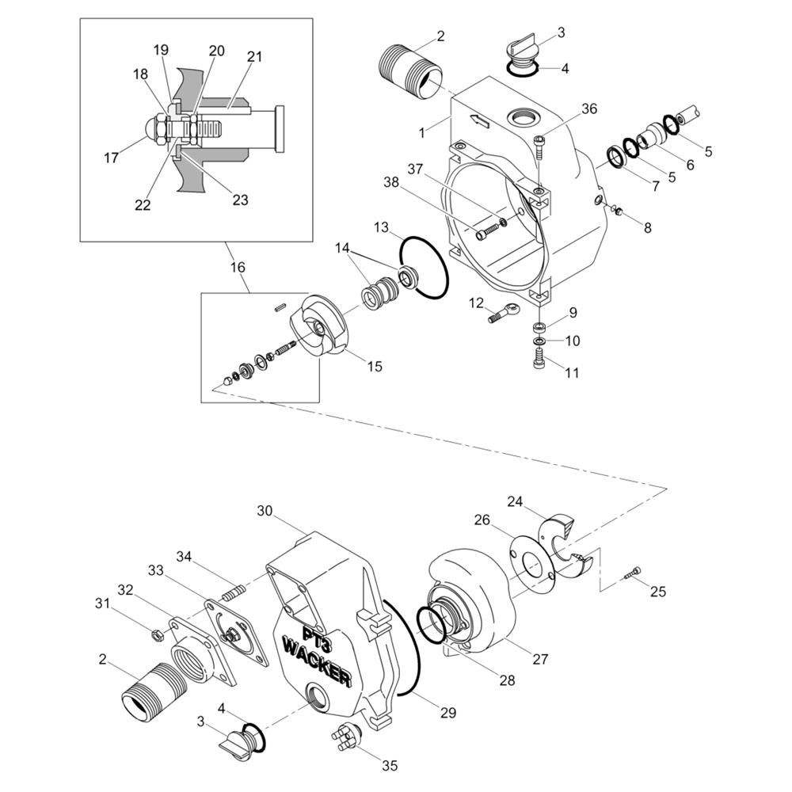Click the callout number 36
(x=589, y=109)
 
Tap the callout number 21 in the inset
(x=254, y=56)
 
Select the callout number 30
(x=265, y=511)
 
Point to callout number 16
(x=238, y=267)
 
